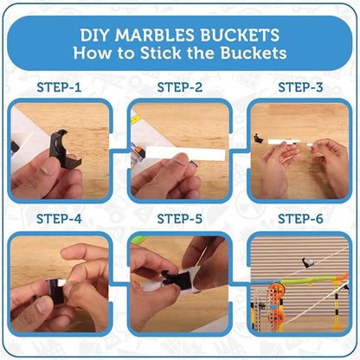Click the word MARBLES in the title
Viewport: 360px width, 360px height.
click(155, 35)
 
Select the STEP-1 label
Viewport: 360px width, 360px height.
click(59, 87)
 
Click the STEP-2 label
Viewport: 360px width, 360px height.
click(180, 87)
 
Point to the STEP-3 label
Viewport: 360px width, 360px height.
click(300, 87)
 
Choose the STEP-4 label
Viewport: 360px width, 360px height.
click(59, 219)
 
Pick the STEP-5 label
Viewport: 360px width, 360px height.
click(180, 219)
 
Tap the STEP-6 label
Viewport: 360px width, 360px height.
click(300, 219)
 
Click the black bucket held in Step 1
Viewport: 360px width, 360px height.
click(63, 149)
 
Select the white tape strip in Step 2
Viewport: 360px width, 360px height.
click(185, 153)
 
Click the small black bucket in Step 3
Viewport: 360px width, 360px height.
click(258, 138)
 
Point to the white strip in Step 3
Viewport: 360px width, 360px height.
click(284, 142)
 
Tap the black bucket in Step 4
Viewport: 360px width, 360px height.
click(55, 291)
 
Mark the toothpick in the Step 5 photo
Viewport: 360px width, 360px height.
click(202, 256)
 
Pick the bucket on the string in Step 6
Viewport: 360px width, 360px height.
click(307, 262)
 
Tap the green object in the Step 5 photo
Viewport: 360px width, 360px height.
click(139, 239)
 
